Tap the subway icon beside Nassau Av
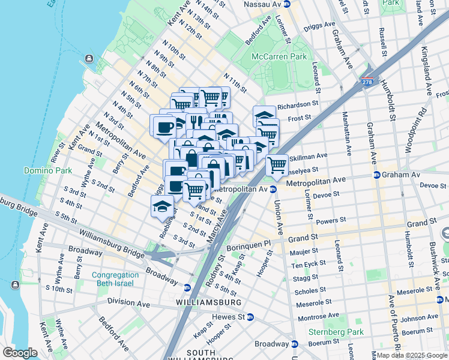click(287, 4)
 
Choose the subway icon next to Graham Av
click(376, 175)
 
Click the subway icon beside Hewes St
click(250, 316)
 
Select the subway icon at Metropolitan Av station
click(273, 189)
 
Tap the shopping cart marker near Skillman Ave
click(277, 164)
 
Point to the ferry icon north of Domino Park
click(89, 58)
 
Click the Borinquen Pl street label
click(249, 247)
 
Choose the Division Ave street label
click(128, 303)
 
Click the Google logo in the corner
click(19, 353)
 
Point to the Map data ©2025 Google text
click(412, 355)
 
